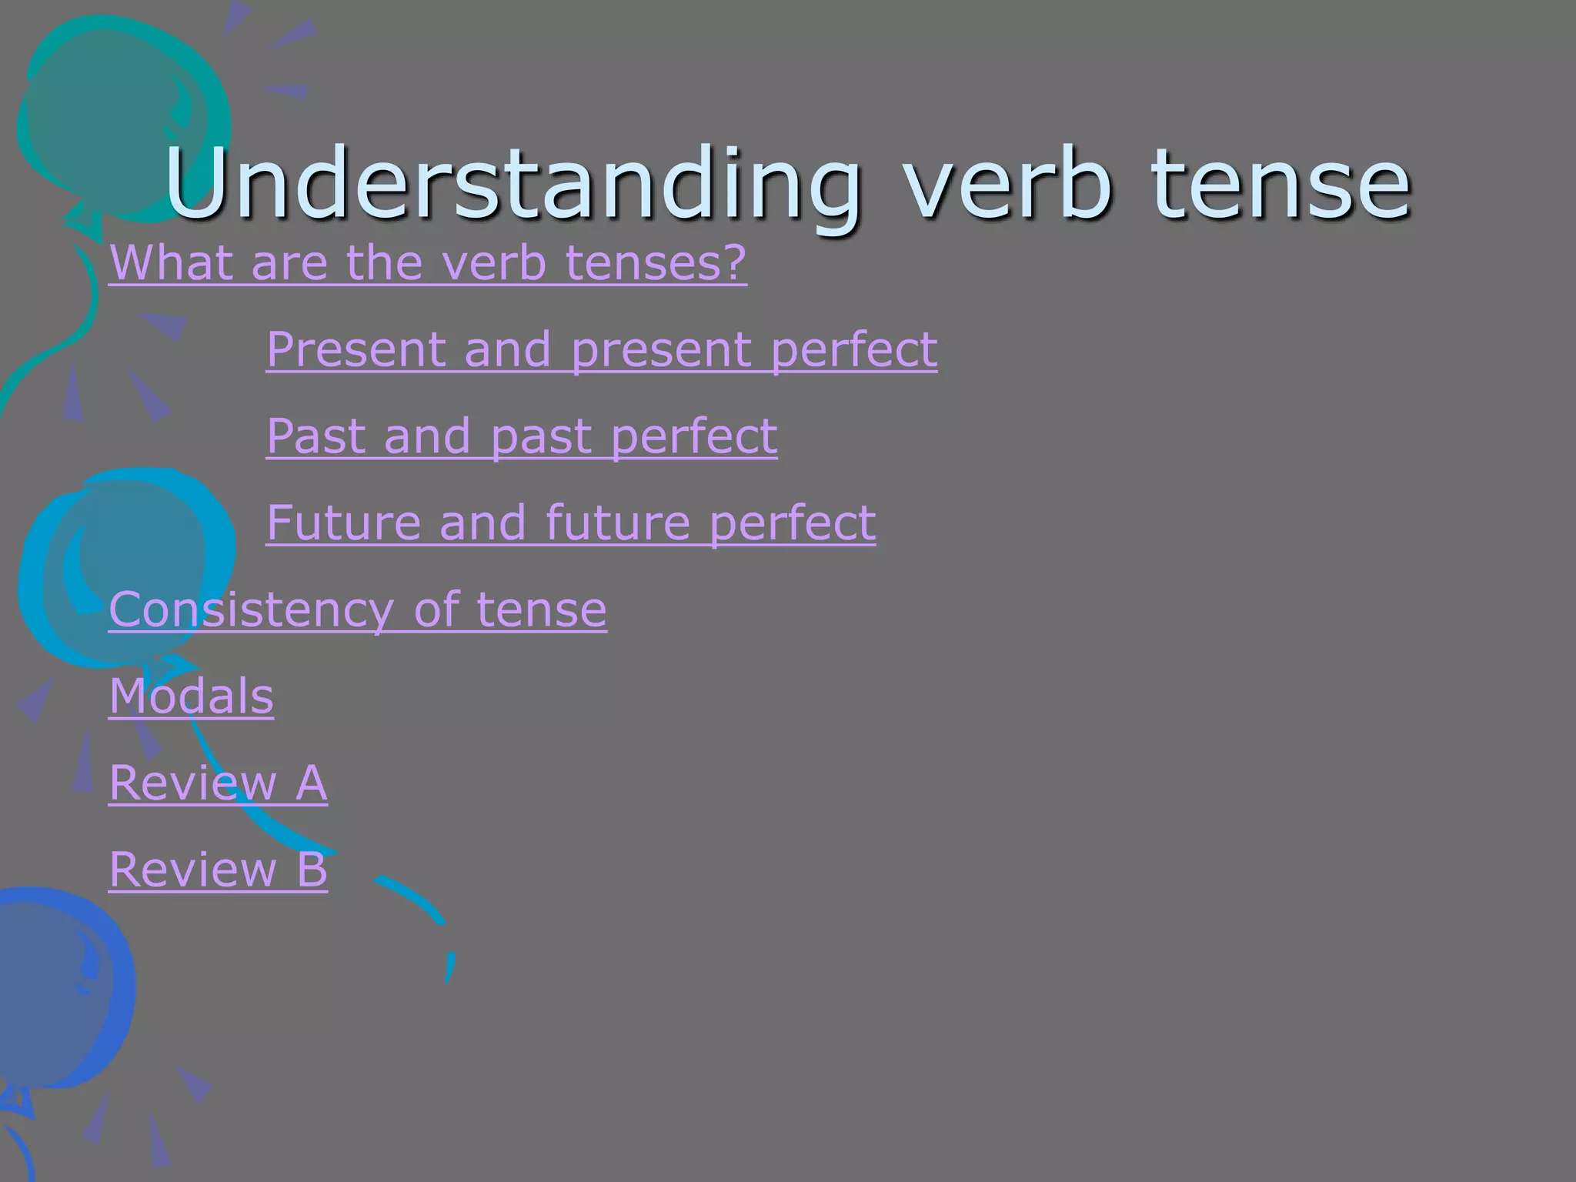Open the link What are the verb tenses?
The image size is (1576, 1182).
coord(428,263)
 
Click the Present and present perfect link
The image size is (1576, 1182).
coord(601,350)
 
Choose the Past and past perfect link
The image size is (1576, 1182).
coord(521,436)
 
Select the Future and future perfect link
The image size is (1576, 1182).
coord(570,523)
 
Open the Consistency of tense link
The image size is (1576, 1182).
coord(358,610)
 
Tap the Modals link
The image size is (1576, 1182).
coord(191,696)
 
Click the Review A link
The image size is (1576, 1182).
coord(218,783)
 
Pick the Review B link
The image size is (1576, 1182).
coord(218,870)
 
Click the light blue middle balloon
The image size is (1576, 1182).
coord(123,562)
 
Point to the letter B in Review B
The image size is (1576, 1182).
coord(312,870)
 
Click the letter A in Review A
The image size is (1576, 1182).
coord(312,783)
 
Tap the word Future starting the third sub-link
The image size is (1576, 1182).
coord(343,523)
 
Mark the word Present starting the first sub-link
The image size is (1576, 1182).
coord(356,350)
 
